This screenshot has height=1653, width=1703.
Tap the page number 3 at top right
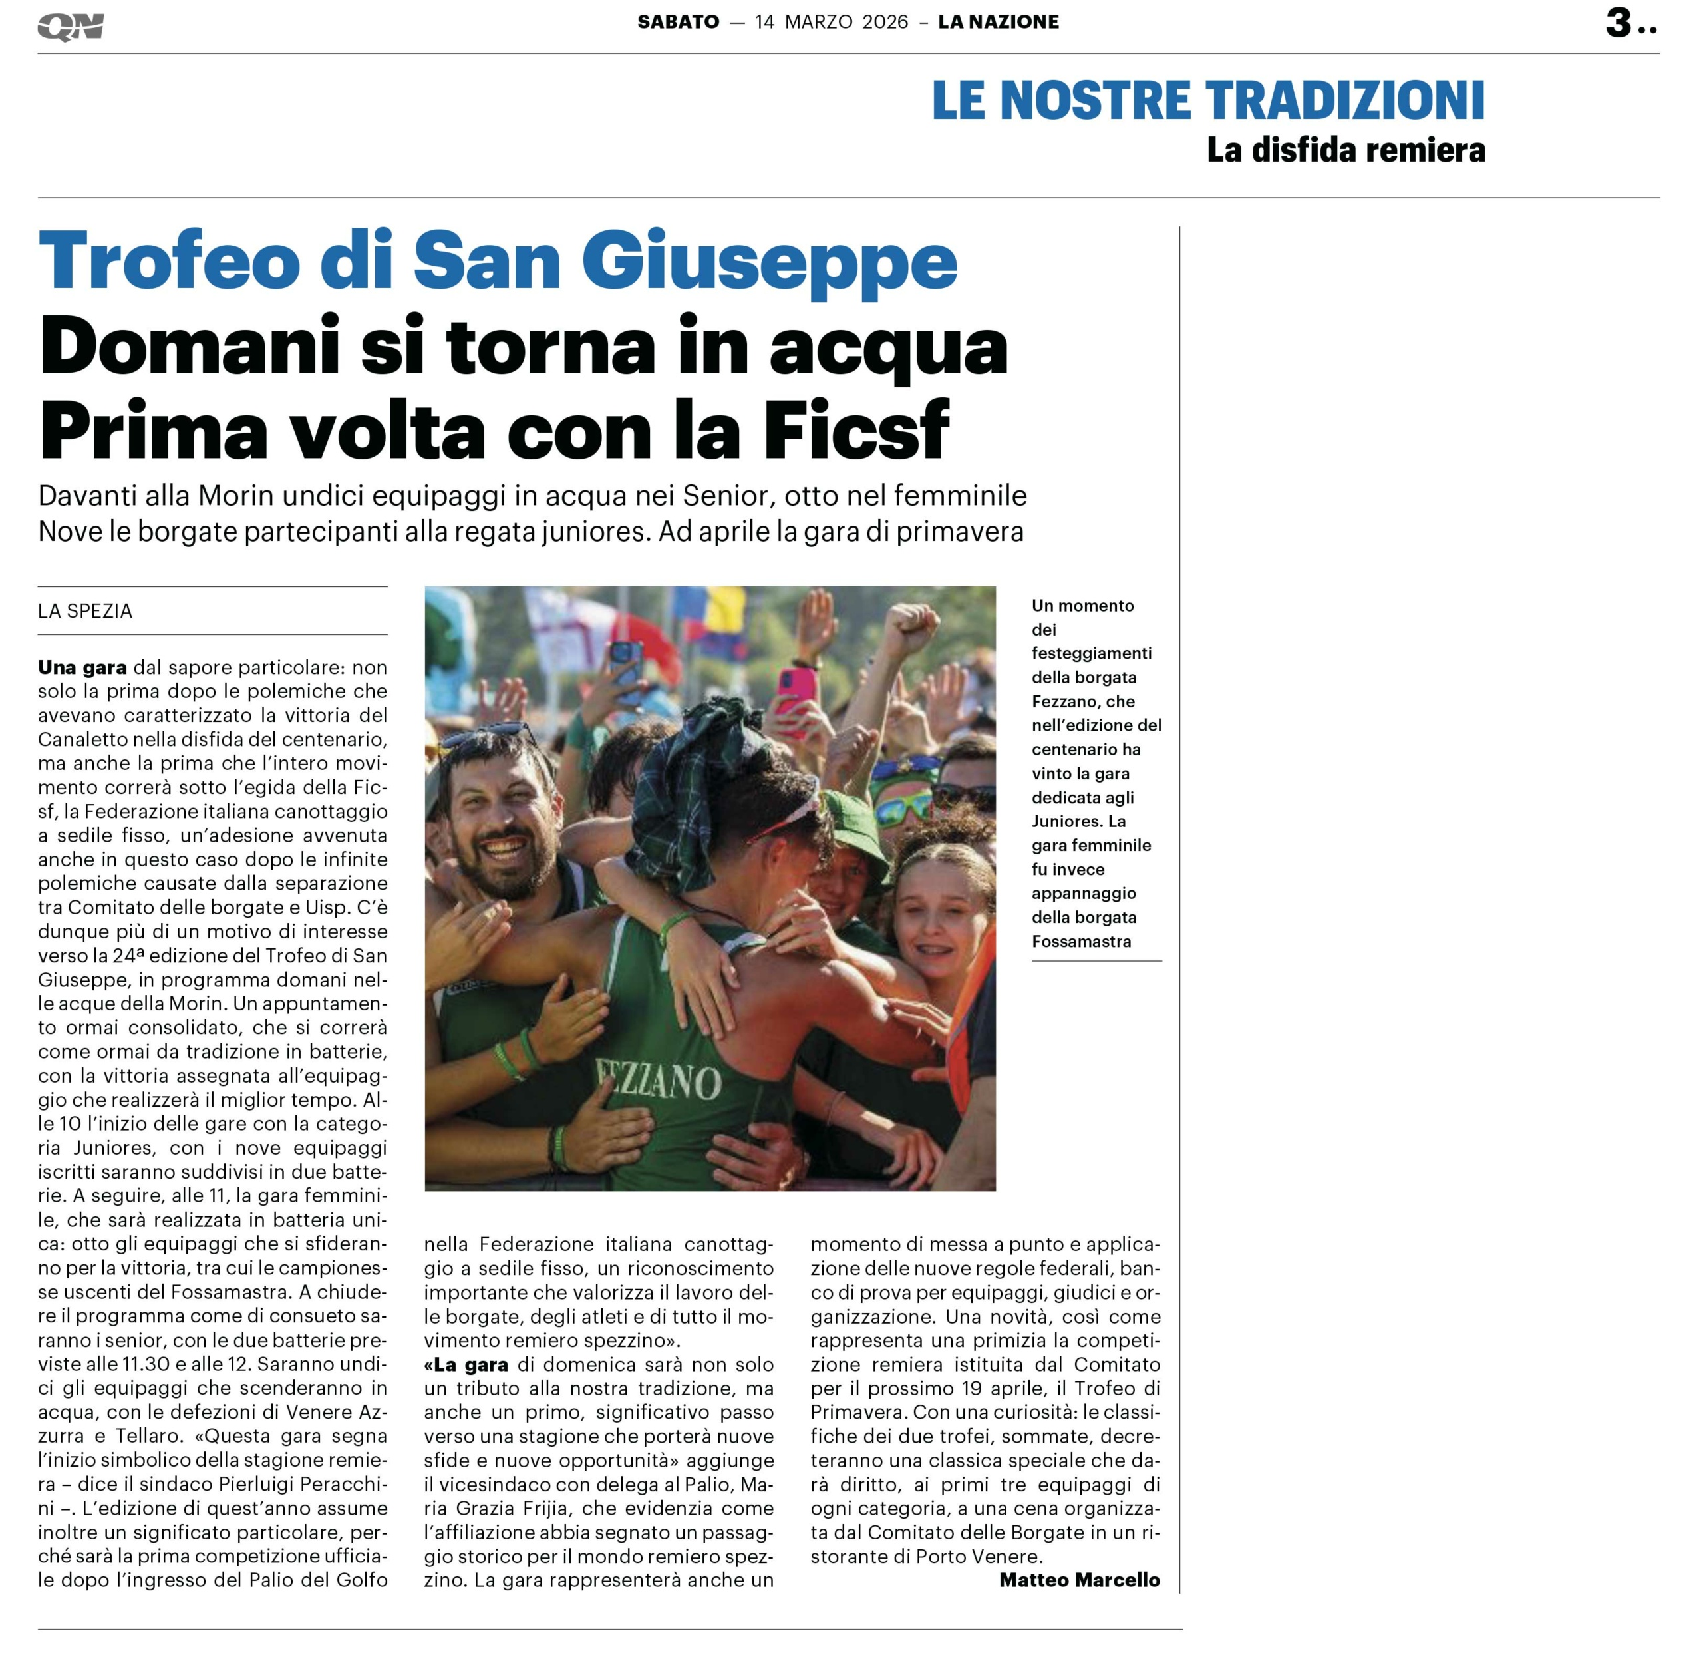1618,23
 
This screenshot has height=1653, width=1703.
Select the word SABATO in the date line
678,23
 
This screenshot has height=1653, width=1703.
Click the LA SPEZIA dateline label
85,611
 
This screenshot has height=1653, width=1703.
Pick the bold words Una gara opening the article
82,667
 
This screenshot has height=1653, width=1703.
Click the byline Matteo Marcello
1079,1579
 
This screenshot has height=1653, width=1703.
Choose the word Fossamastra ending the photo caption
1081,941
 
